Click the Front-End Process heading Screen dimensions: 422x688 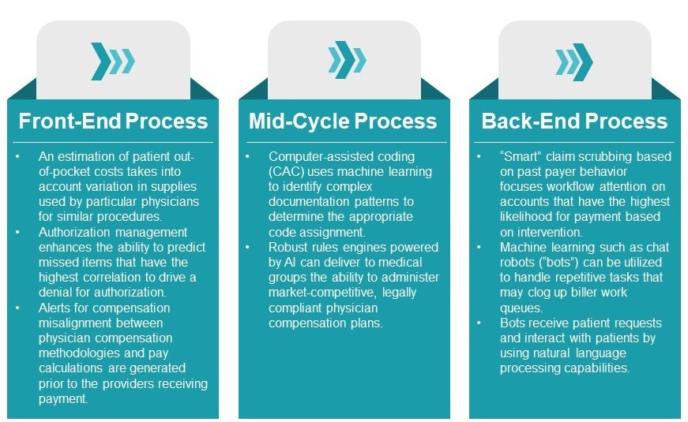[x=112, y=121]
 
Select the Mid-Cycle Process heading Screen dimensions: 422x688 [x=343, y=121]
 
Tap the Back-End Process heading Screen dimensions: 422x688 [x=574, y=121]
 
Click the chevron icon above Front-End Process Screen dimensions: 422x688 [x=112, y=61]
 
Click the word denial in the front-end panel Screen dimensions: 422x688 [x=58, y=292]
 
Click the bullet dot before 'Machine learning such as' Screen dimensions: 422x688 [x=481, y=247]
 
